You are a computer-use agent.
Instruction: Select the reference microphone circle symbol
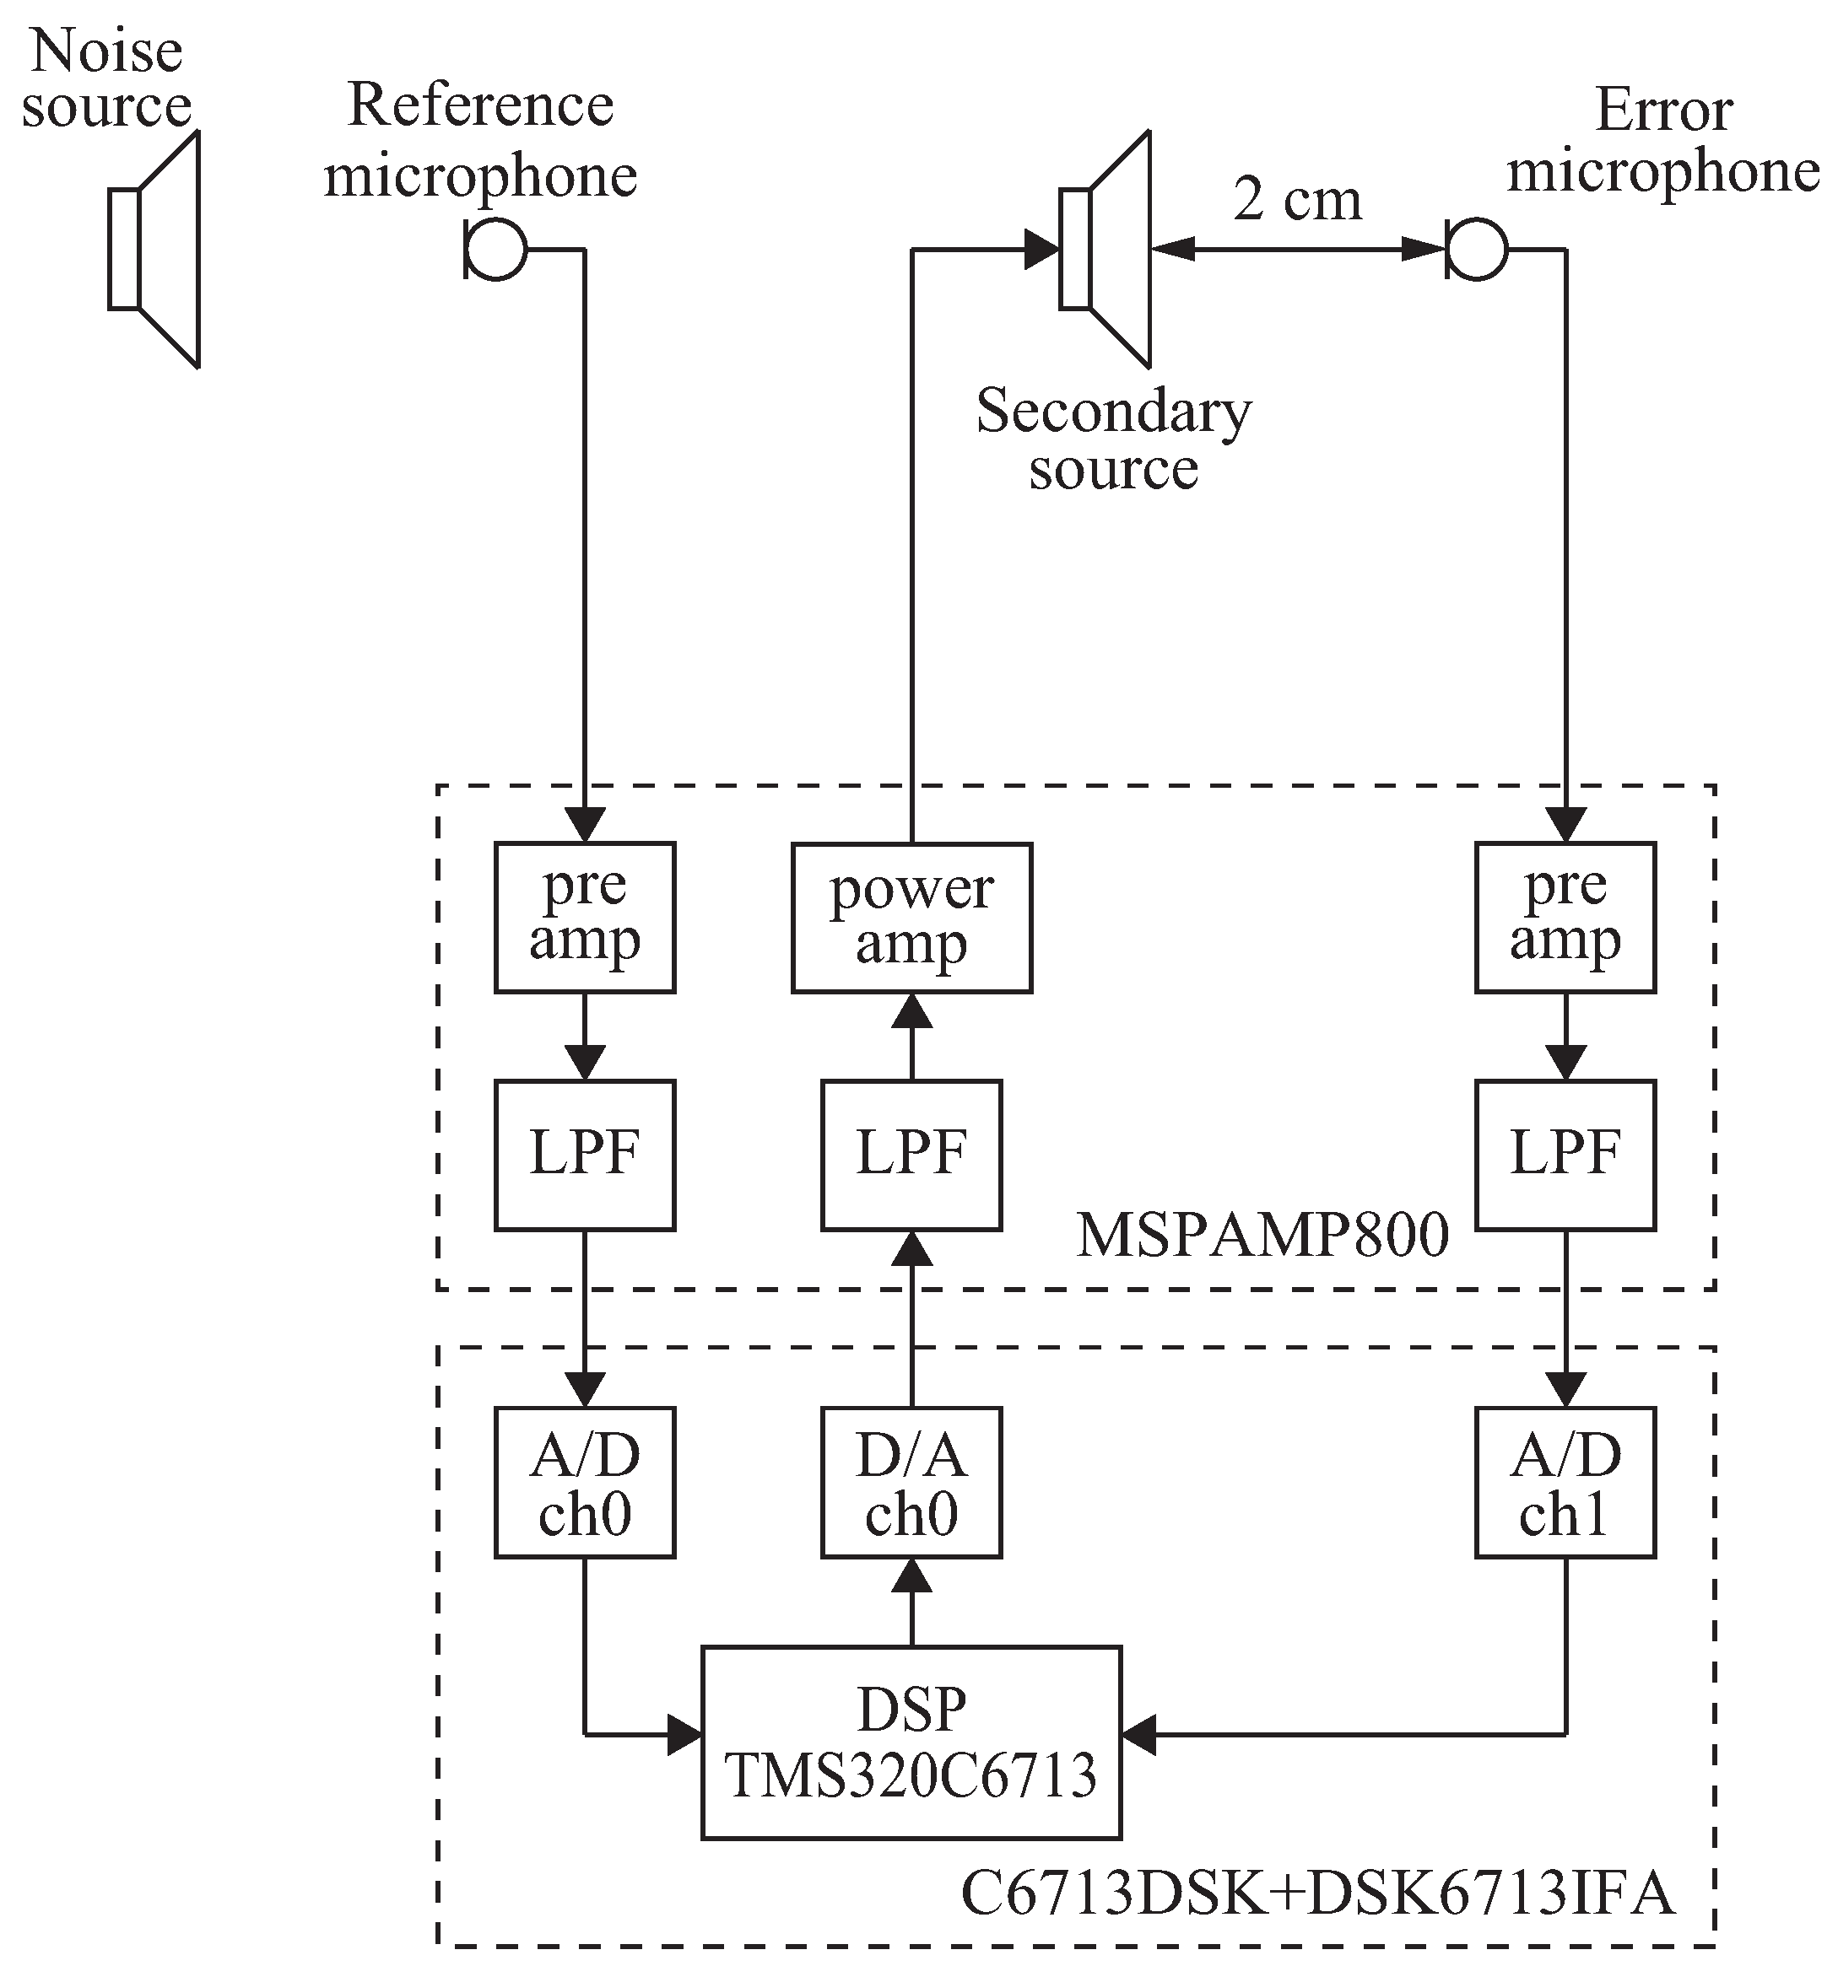[x=495, y=250]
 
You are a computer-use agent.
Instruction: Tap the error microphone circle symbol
[x=1476, y=250]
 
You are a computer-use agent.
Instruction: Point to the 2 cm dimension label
[x=1296, y=200]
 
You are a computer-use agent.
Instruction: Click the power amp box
[x=911, y=918]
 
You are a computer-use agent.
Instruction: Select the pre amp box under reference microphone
[x=585, y=918]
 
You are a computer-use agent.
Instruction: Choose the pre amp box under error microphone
[x=1565, y=918]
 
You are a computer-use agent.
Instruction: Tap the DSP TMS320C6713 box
[x=911, y=1742]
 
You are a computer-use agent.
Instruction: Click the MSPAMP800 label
[x=1262, y=1235]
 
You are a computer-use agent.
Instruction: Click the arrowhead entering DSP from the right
[x=1138, y=1733]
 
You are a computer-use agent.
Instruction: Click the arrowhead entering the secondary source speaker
[x=1041, y=249]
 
